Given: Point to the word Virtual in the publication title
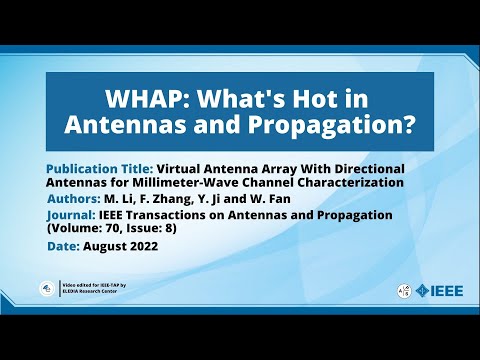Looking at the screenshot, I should (x=186, y=169).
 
